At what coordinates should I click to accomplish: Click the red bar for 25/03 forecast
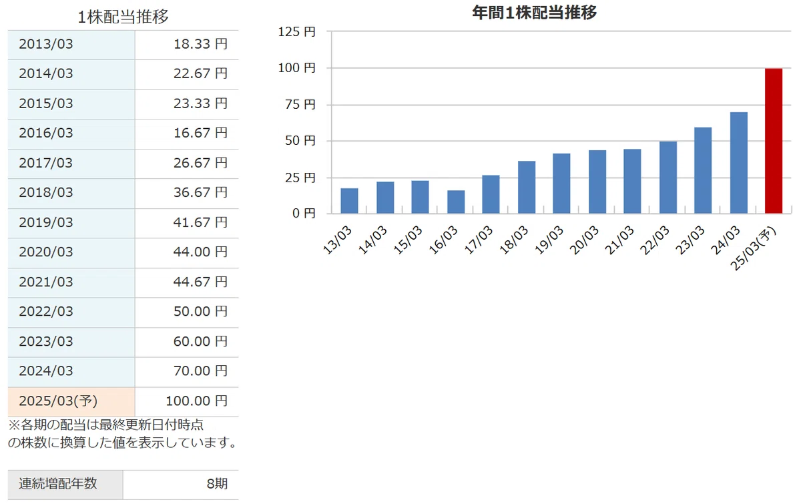click(774, 141)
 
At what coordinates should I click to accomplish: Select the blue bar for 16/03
click(456, 202)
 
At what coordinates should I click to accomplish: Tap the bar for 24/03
click(739, 163)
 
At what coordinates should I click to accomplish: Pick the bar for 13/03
click(349, 201)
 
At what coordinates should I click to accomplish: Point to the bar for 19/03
click(561, 184)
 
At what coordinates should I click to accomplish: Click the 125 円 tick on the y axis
click(297, 32)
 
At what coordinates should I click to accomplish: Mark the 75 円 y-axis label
click(300, 104)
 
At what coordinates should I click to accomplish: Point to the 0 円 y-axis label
click(304, 213)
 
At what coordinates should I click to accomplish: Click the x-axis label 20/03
click(584, 240)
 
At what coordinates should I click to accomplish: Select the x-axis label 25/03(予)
click(754, 248)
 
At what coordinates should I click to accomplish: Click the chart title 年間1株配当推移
click(534, 13)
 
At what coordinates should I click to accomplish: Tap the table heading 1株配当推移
click(123, 17)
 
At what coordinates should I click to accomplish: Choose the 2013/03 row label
click(46, 44)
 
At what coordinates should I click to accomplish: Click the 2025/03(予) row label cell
click(71, 401)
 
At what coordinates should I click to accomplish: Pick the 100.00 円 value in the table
click(196, 401)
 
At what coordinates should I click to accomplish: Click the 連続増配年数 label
click(58, 483)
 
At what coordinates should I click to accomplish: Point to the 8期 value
click(217, 484)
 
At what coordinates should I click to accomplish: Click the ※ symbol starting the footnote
click(14, 425)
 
